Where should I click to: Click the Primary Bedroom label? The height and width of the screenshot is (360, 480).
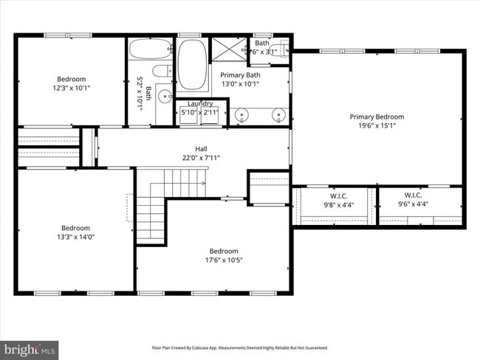point(377,117)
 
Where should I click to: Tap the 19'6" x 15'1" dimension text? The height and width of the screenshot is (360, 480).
point(377,125)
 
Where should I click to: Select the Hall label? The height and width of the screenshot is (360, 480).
point(201,149)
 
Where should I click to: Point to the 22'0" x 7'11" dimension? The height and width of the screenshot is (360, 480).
point(201,157)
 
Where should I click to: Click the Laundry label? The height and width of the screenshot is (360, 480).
point(200,104)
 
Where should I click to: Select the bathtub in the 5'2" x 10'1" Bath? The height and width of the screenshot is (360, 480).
point(151,49)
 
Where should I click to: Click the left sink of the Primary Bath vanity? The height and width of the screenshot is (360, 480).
point(241,114)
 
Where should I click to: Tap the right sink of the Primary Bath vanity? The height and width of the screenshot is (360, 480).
point(278,114)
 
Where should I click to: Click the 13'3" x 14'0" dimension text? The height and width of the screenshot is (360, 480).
point(75,237)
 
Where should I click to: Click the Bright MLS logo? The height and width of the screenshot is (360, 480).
point(30,348)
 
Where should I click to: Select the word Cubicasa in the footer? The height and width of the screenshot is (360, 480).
point(210,347)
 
